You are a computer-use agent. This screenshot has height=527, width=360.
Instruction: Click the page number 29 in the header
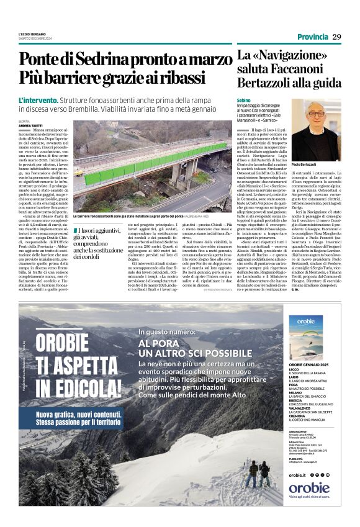point(336,37)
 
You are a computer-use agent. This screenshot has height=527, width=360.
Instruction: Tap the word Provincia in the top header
point(312,37)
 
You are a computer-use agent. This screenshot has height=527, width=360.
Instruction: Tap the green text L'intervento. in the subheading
point(38,99)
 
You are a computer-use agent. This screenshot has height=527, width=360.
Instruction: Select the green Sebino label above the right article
point(243,99)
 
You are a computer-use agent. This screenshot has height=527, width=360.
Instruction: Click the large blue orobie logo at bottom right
point(308,487)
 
